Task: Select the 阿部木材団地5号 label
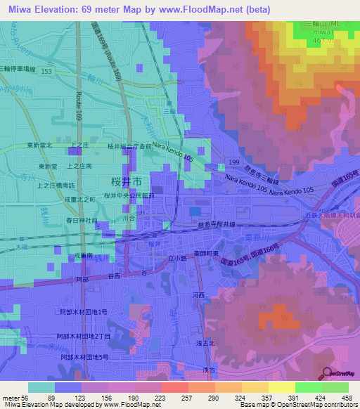click(84, 357)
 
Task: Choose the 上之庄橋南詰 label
click(56, 186)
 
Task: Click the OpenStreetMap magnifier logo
click(328, 373)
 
